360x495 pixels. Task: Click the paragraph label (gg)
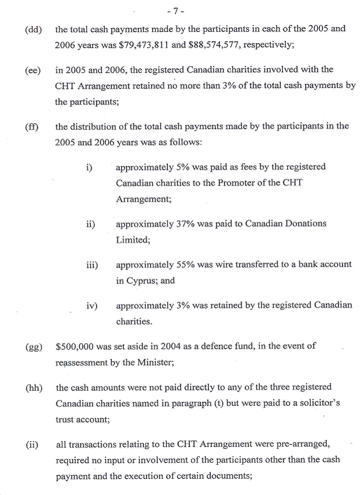(34, 348)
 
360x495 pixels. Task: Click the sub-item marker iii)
(91, 265)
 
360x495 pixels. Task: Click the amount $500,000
(76, 347)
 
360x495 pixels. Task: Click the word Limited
(133, 239)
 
